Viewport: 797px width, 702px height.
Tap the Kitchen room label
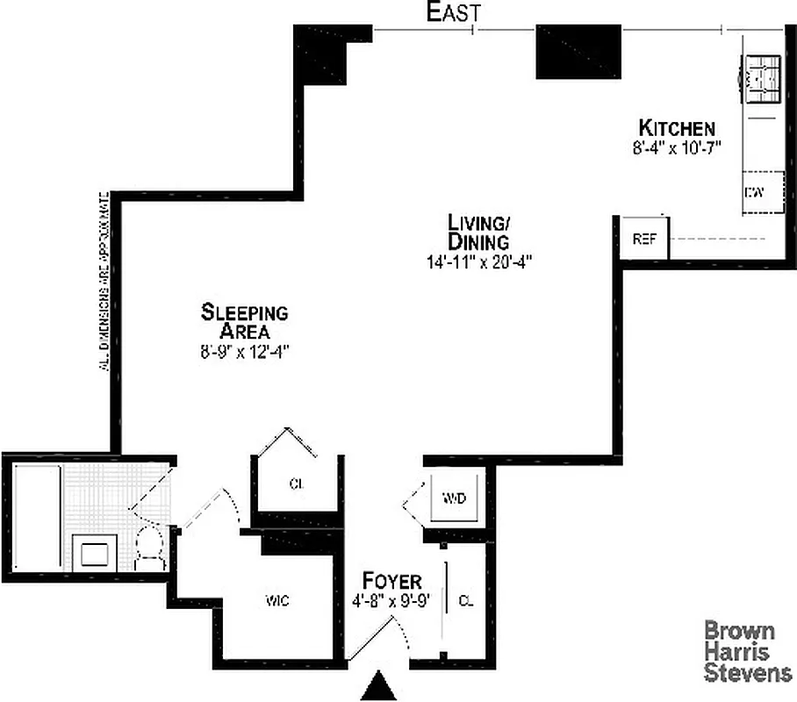[x=676, y=128]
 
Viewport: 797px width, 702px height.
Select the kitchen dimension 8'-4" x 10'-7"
[x=675, y=147]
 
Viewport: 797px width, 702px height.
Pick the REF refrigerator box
[x=645, y=239]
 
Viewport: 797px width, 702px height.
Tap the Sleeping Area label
[x=245, y=321]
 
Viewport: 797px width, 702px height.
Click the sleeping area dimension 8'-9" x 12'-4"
[x=245, y=351]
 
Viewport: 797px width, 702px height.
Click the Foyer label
[x=392, y=581]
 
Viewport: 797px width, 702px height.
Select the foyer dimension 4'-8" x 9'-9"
[x=391, y=602]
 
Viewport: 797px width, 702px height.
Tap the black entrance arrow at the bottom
[x=379, y=686]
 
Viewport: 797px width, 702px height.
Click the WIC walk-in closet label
[x=277, y=602]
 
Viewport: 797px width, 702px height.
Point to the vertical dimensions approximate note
[x=104, y=281]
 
